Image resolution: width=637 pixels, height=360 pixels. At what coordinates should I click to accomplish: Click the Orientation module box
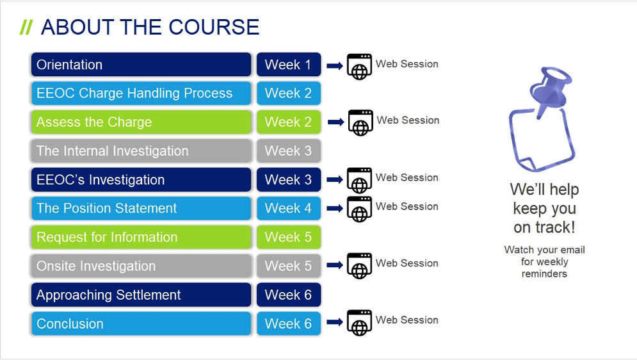(141, 65)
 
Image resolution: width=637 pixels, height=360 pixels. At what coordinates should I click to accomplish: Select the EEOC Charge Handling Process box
(141, 93)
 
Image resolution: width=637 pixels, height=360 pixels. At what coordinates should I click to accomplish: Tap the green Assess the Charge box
(141, 122)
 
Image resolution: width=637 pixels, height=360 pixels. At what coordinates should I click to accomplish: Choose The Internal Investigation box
(141, 151)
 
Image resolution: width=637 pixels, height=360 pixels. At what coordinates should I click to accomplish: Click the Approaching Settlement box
(141, 295)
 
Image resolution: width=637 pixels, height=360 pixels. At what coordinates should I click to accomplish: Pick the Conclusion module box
(141, 323)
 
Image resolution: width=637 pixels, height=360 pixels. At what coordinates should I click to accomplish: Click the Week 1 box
(289, 65)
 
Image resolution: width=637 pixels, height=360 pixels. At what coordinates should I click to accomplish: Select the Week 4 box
(289, 208)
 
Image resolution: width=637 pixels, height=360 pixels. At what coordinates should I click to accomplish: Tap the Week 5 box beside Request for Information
(289, 237)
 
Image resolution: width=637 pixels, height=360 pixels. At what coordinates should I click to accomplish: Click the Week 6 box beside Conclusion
(289, 323)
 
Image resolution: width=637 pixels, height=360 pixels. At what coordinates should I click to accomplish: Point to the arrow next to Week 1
(335, 66)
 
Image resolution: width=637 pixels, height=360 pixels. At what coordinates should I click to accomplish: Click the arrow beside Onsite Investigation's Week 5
(335, 265)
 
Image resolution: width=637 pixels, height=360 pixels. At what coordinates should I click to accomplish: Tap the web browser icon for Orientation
(359, 67)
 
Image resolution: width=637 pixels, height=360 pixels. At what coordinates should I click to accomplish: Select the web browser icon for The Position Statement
(359, 209)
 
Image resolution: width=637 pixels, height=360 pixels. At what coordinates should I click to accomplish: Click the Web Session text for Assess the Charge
(408, 120)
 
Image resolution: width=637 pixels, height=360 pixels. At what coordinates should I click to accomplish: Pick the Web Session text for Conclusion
(407, 320)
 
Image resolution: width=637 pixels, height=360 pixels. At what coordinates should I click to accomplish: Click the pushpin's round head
(558, 76)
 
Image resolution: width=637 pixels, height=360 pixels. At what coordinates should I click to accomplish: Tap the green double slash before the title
(26, 28)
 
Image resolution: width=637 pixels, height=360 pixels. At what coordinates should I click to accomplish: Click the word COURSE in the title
(214, 27)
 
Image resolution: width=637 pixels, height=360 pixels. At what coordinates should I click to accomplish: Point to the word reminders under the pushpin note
(544, 274)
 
